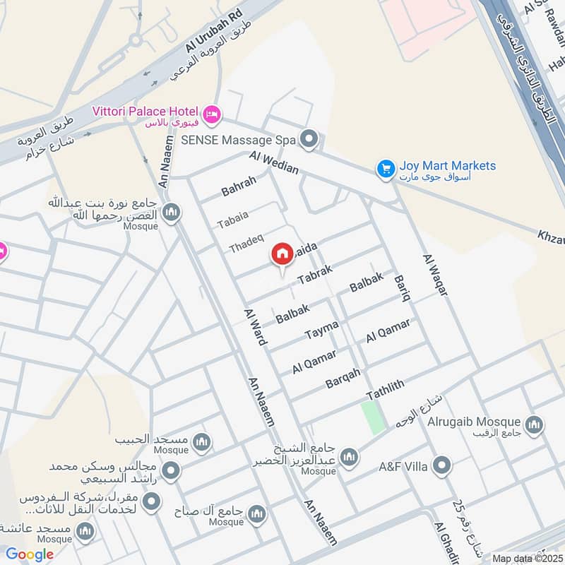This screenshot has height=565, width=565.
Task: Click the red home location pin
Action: [x=282, y=254]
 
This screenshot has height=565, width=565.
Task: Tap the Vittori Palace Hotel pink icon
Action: [x=211, y=114]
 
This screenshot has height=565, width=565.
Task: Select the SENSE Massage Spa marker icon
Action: [x=308, y=140]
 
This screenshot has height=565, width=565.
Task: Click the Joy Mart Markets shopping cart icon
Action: [x=385, y=168]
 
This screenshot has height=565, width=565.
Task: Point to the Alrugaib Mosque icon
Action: [x=534, y=424]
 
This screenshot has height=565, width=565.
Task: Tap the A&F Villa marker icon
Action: [x=442, y=465]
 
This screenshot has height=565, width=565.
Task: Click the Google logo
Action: [x=30, y=555]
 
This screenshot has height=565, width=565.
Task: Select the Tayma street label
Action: [x=321, y=328]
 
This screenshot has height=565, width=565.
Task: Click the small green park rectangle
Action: [x=374, y=417]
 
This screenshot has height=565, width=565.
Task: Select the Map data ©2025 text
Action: [x=527, y=558]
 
